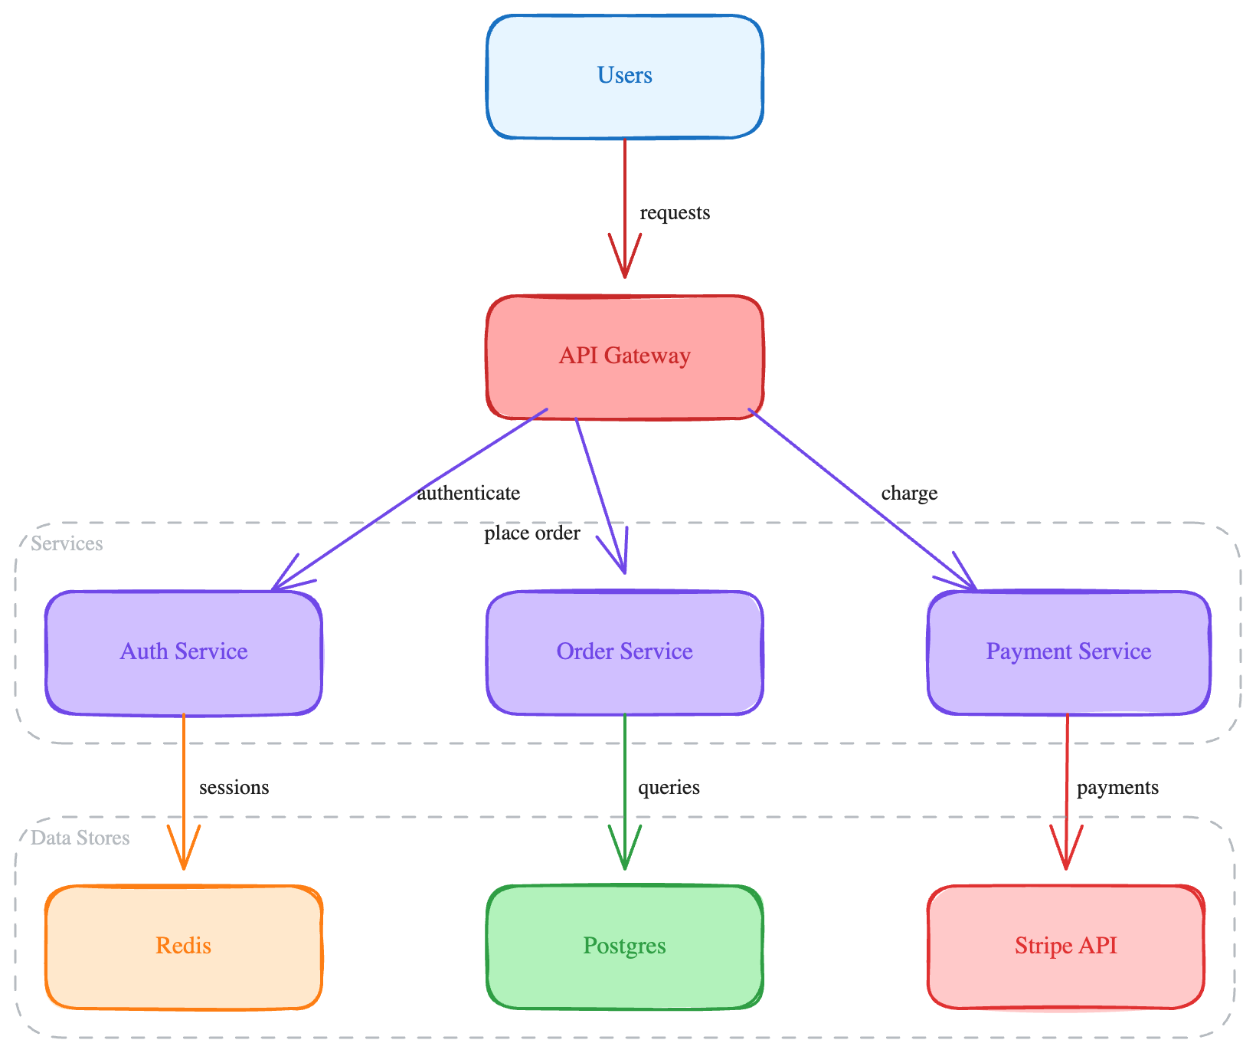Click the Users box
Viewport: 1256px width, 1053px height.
(x=624, y=76)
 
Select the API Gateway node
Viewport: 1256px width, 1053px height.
(x=624, y=356)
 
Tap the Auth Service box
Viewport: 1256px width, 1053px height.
(x=184, y=652)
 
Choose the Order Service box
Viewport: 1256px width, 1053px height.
(x=624, y=652)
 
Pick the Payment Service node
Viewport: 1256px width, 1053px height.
(x=1068, y=652)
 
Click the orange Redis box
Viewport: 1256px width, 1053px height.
(x=184, y=946)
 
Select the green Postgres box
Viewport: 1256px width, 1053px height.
(x=624, y=946)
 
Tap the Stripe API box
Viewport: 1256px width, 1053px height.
(x=1065, y=946)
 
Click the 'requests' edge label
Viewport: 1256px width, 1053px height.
(x=675, y=213)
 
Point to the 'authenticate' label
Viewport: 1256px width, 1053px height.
(x=468, y=494)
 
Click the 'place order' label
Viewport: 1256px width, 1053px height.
(x=532, y=533)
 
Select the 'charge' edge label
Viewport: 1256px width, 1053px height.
(x=909, y=494)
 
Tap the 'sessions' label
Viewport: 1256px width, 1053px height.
(x=234, y=788)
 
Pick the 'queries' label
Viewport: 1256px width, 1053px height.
(x=669, y=788)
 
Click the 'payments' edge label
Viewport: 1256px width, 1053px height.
(x=1117, y=788)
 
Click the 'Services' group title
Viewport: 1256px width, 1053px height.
(x=67, y=544)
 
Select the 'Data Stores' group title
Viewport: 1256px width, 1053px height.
(x=80, y=838)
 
